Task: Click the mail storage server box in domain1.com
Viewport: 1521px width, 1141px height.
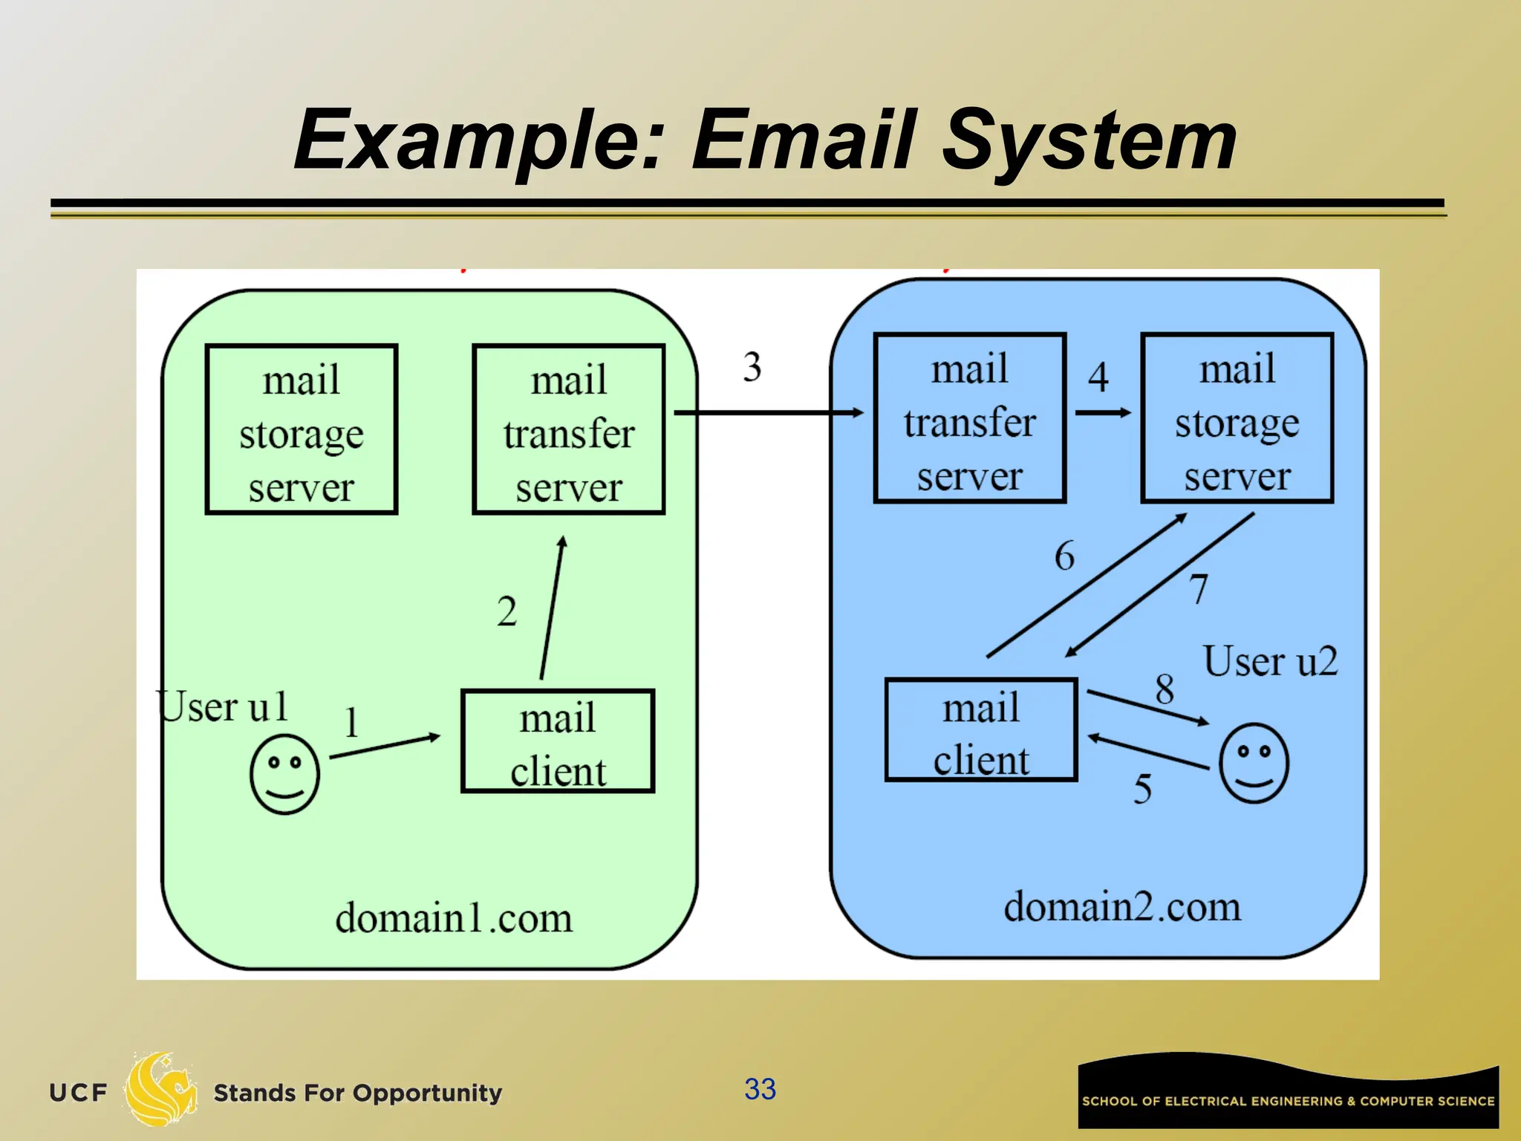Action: click(302, 429)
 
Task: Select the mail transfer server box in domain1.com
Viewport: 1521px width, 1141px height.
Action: click(569, 429)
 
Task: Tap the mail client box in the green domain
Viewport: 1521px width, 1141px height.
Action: click(558, 741)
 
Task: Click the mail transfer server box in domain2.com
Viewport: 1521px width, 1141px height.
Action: click(970, 418)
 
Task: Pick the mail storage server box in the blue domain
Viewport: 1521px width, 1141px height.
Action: click(1237, 418)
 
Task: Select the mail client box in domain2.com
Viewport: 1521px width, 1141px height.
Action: click(981, 729)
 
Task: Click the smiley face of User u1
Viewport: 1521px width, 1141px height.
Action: click(284, 774)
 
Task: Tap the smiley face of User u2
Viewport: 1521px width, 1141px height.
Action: click(1254, 763)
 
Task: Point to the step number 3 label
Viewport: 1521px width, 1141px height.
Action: click(752, 367)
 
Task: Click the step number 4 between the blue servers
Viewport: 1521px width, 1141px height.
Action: click(1098, 377)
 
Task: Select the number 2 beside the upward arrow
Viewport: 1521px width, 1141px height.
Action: click(507, 612)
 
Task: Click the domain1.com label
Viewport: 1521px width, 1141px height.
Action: click(454, 918)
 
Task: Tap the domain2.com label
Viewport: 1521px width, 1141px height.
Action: click(1122, 907)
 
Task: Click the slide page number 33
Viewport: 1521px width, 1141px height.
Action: click(760, 1089)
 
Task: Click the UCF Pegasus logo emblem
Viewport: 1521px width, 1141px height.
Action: click(160, 1089)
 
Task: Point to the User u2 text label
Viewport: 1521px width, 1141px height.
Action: click(1270, 661)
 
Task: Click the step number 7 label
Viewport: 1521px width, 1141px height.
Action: click(1199, 589)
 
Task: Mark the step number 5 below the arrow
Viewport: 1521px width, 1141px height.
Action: click(1142, 788)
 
